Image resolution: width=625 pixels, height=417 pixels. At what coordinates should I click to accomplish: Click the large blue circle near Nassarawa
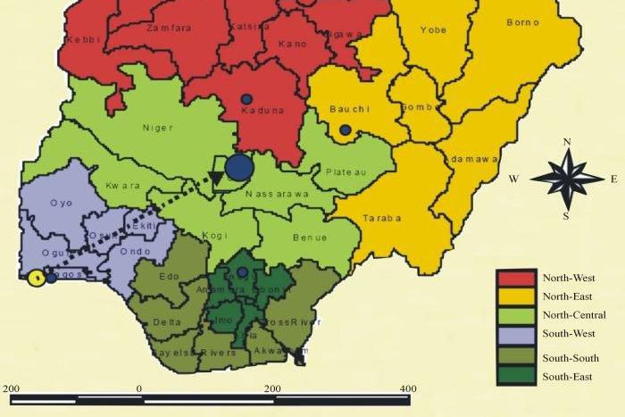point(238,165)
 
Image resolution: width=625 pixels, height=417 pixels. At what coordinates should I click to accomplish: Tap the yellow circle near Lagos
point(36,278)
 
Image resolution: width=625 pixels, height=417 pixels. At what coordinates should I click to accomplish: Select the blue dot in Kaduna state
point(246,99)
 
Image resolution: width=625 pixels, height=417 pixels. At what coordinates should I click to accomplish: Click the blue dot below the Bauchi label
point(345,130)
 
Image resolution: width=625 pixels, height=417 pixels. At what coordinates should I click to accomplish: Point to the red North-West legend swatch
point(515,278)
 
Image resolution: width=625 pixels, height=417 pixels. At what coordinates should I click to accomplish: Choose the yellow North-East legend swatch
point(515,296)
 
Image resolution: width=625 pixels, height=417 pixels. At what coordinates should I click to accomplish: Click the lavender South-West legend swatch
point(515,335)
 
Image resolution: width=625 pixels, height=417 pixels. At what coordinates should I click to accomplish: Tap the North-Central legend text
point(574,315)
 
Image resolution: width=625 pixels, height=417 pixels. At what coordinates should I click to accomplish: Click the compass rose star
point(567,179)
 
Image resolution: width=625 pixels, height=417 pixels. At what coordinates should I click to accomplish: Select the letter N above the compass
point(567,142)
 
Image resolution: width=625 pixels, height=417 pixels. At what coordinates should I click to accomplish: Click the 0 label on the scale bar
point(139,389)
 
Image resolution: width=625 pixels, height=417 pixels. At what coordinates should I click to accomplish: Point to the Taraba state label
point(382,218)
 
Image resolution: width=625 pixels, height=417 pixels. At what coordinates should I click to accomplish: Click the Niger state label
point(158,128)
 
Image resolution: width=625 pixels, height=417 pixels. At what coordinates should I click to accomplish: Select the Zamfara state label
point(162,29)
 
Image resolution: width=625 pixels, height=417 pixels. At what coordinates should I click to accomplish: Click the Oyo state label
point(61,203)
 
